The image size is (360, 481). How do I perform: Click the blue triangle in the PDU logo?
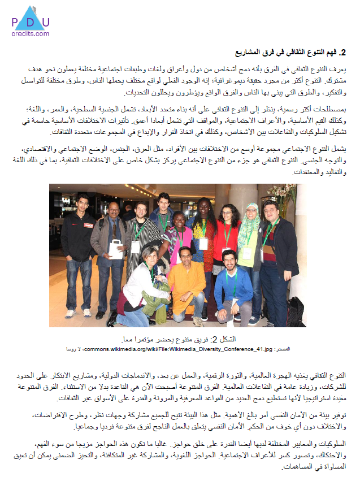30,13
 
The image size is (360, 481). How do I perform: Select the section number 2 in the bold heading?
349,52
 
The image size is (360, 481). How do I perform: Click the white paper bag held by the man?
116,248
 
